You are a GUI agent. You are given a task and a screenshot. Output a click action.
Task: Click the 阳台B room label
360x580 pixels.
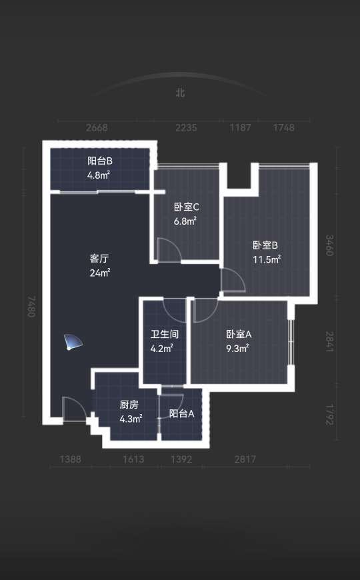tap(100, 161)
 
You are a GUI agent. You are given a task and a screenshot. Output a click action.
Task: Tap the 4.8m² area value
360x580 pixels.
tap(99, 175)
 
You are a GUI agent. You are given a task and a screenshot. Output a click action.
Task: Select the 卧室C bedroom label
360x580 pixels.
tap(187, 207)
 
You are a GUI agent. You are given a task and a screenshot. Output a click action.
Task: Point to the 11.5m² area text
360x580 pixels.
tap(267, 259)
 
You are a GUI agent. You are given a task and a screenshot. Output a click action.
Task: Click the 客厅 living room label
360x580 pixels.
tap(99, 258)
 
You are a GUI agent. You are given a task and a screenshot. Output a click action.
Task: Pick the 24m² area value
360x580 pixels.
tap(100, 273)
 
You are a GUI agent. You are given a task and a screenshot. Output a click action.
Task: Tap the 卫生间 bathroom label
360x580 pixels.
tap(165, 334)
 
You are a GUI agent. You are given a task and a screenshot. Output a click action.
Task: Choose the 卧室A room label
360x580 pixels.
tap(239, 334)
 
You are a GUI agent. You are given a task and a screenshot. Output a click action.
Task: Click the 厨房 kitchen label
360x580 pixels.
tap(129, 405)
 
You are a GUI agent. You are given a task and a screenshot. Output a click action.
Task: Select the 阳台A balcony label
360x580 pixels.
tap(181, 413)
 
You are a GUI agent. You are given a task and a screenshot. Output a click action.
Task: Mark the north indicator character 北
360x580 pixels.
tap(180, 92)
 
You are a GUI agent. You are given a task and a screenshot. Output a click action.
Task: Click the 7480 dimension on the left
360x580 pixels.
tap(31, 306)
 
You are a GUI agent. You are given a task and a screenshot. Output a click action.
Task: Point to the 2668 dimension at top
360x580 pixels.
tap(97, 127)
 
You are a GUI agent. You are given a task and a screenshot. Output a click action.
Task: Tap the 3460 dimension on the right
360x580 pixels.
tap(329, 245)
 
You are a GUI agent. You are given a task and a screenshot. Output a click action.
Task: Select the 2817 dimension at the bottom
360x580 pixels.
tap(245, 459)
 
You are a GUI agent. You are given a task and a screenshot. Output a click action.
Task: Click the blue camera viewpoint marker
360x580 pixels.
tap(73, 341)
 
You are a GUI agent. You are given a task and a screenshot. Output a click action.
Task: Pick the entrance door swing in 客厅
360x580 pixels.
tap(74, 409)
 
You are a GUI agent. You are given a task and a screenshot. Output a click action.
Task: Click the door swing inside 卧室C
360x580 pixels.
tap(169, 250)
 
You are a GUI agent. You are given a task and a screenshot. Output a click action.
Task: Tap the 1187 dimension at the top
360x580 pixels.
tap(241, 127)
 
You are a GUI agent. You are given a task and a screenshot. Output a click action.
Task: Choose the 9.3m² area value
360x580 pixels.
tap(237, 348)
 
